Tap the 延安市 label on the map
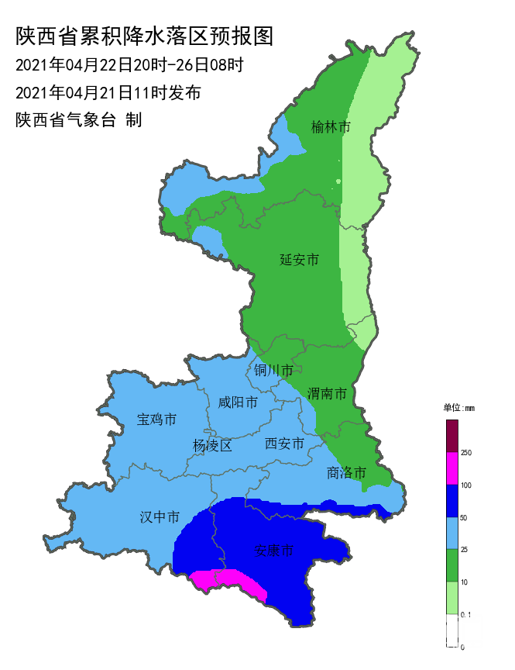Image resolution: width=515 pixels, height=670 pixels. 299,260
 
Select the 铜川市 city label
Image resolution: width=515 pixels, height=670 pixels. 273,370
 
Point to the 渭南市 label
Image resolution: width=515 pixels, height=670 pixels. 326,394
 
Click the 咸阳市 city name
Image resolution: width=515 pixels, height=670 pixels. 238,402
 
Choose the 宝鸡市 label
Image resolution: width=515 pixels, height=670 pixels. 156,420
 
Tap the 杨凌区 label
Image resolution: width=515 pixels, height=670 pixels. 212,445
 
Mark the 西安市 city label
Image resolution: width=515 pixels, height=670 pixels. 284,443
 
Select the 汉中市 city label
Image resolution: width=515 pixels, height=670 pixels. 160,516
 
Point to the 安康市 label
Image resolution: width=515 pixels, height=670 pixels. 274,551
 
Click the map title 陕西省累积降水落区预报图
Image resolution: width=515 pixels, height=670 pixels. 145,36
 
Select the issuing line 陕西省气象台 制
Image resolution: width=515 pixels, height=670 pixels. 78,120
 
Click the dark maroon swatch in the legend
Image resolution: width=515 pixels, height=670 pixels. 452,435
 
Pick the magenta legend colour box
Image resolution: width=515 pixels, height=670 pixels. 452,468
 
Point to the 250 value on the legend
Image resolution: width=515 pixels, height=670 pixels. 466,452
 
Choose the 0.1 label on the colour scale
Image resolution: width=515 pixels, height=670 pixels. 465,614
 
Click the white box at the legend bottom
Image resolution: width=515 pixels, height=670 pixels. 452,630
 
